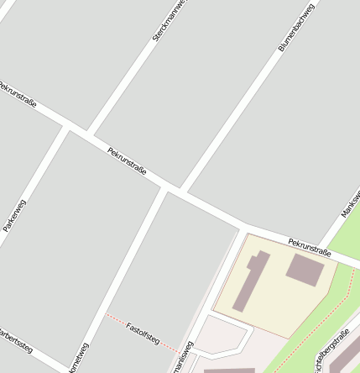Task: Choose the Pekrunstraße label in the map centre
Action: coord(127,160)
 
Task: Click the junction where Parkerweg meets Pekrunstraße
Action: coord(64,125)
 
